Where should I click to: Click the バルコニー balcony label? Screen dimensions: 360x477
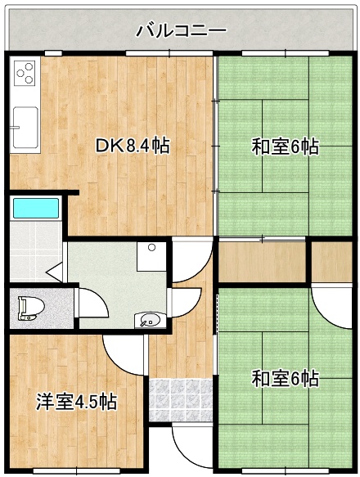(x=182, y=30)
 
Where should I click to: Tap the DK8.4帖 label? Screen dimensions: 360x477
(x=133, y=146)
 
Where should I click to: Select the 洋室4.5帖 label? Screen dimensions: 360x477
(x=77, y=402)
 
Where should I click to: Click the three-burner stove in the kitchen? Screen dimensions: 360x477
(x=25, y=73)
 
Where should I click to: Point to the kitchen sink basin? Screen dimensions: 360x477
(x=25, y=127)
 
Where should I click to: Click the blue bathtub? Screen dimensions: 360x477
(x=36, y=208)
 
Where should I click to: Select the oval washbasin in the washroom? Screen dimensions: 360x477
(x=150, y=320)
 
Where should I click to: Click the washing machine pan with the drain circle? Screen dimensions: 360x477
(x=151, y=256)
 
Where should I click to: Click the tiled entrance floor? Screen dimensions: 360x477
(x=181, y=400)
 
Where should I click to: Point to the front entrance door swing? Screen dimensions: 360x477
(x=192, y=447)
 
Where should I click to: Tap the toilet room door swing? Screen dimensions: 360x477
(x=92, y=303)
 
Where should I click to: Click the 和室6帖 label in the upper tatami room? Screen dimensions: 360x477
(x=285, y=147)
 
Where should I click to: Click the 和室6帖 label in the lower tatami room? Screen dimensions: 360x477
(x=285, y=378)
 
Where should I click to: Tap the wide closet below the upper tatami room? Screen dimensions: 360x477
(x=263, y=262)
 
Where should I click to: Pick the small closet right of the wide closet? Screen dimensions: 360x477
(x=332, y=262)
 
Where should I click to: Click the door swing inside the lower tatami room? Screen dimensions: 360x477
(x=331, y=307)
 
